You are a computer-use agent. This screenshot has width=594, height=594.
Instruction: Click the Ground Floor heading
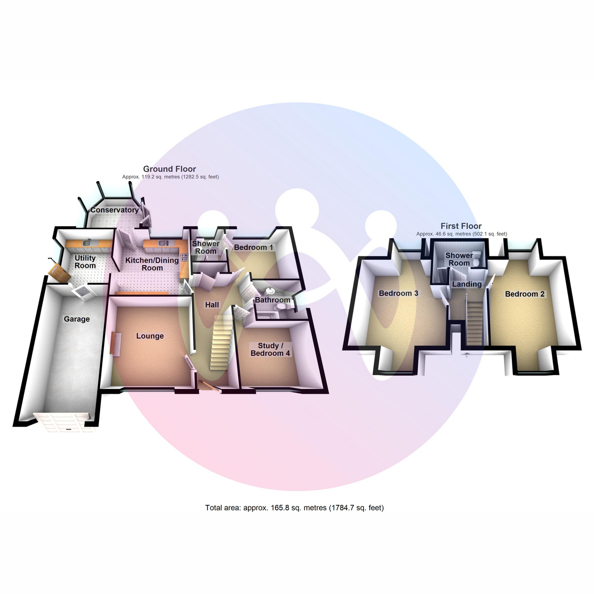point(169,169)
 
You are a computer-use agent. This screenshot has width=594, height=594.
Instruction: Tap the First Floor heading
point(461,226)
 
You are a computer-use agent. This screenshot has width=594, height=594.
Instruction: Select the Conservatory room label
point(114,210)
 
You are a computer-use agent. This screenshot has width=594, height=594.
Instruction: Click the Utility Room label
point(85,262)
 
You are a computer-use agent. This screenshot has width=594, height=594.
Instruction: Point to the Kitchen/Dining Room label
point(152,264)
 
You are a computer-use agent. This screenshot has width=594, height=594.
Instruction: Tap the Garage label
point(77,319)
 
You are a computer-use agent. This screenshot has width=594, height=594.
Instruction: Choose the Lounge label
point(150,336)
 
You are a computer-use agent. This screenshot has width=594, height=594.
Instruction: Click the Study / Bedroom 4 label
point(270,349)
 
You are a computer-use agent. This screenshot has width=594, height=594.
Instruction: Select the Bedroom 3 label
point(398,293)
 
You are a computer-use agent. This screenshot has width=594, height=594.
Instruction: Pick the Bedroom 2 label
point(525,294)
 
